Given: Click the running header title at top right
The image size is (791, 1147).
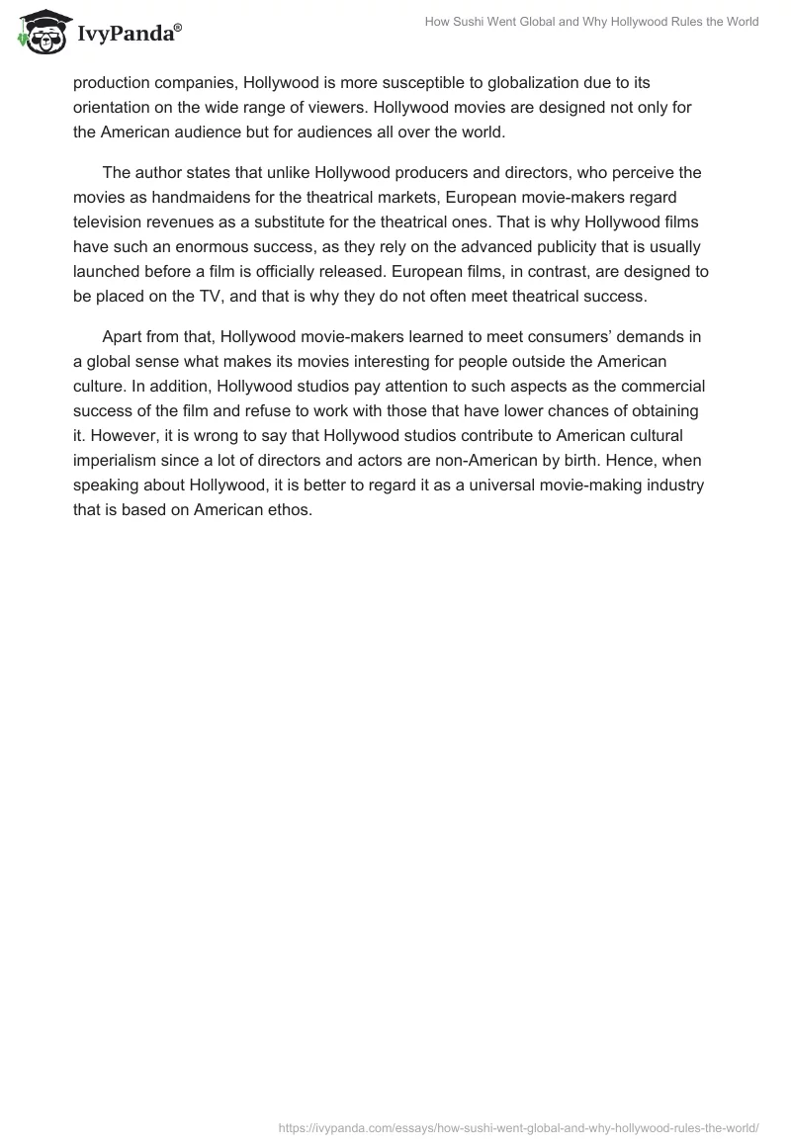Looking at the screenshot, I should point(589,22).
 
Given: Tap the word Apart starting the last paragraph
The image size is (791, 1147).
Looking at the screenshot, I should point(123,337).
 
